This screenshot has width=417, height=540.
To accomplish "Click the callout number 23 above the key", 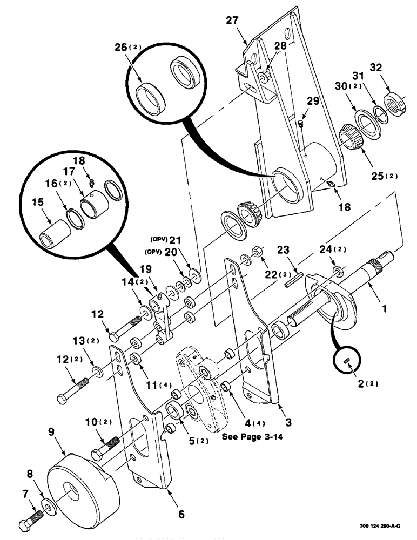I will (285, 250).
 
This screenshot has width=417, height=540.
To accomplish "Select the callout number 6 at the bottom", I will (181, 515).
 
